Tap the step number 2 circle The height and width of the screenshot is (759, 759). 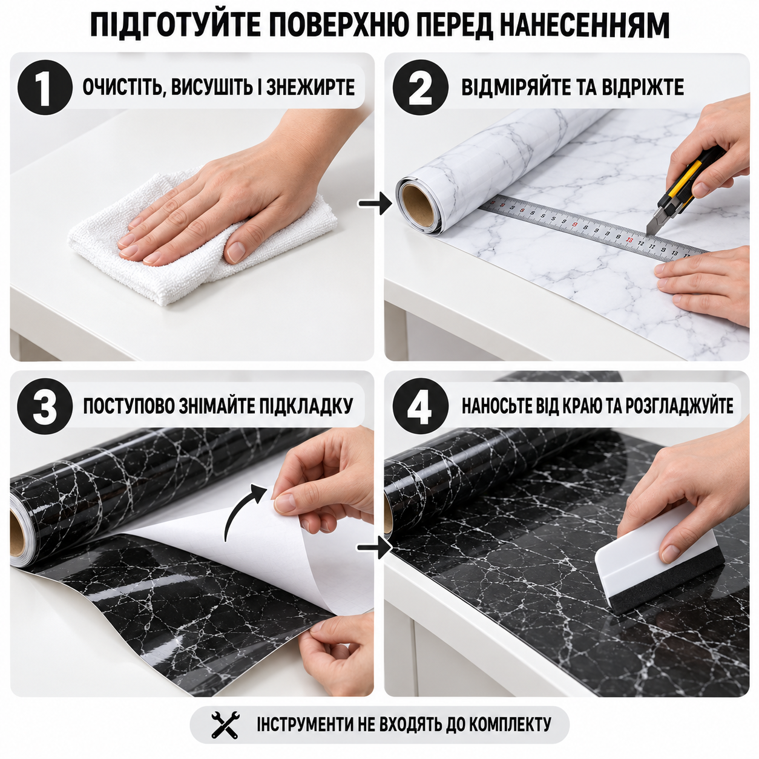pyautogui.click(x=421, y=87)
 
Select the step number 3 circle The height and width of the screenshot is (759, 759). pyautogui.click(x=45, y=406)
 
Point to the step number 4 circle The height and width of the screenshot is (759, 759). pyautogui.click(x=420, y=406)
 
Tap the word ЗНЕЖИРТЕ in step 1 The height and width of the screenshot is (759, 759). pyautogui.click(x=310, y=87)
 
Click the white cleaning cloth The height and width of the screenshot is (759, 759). pyautogui.click(x=201, y=240)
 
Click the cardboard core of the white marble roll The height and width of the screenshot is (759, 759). pyautogui.click(x=416, y=205)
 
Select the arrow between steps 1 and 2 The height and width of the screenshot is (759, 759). pyautogui.click(x=375, y=203)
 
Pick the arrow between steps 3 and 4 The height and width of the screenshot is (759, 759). pyautogui.click(x=375, y=548)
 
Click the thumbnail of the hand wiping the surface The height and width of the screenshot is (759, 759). pyautogui.click(x=192, y=207)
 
